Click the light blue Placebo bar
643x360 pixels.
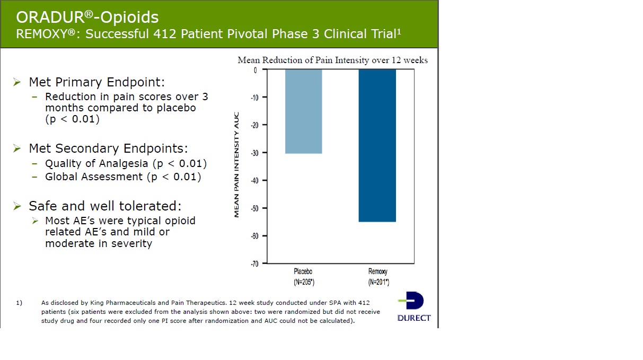coord(303,111)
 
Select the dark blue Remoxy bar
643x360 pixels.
coord(377,145)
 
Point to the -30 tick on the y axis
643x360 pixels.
coord(254,153)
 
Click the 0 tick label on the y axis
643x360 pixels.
coord(255,70)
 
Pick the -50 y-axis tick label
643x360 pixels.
coord(254,208)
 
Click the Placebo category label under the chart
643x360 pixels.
coord(303,271)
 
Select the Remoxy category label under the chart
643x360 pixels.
coord(378,271)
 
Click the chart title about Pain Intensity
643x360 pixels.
coord(332,60)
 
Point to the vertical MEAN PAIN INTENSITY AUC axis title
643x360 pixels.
coord(236,164)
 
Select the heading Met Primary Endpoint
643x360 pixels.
coord(96,82)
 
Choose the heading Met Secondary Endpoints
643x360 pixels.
coord(108,148)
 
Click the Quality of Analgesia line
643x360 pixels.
coord(126,163)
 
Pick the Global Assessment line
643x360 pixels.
coord(123,177)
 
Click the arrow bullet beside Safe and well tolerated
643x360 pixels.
coord(17,206)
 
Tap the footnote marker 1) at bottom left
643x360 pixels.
coord(19,303)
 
